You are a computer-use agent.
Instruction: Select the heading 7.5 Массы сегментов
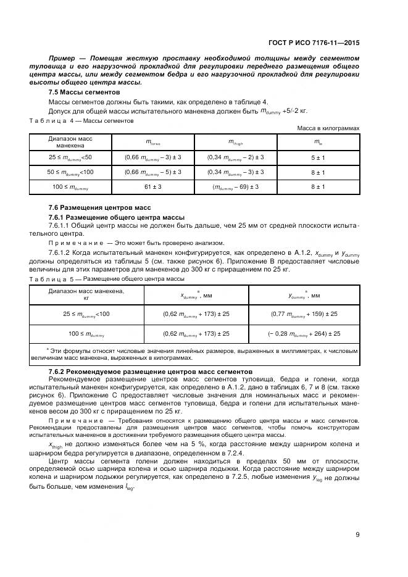coord(84,92)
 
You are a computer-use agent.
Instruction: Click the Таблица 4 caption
coord(81,121)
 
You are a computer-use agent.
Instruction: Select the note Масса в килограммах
coord(328,128)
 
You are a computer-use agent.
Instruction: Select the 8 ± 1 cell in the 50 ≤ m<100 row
coord(318,172)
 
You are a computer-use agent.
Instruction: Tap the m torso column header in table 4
coord(152,142)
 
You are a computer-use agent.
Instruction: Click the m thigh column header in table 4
coord(235,142)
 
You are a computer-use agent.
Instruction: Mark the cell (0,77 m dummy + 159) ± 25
coord(304,314)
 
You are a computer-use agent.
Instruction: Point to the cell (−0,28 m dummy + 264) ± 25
coord(304,334)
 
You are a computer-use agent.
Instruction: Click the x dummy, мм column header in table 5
coord(196,296)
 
